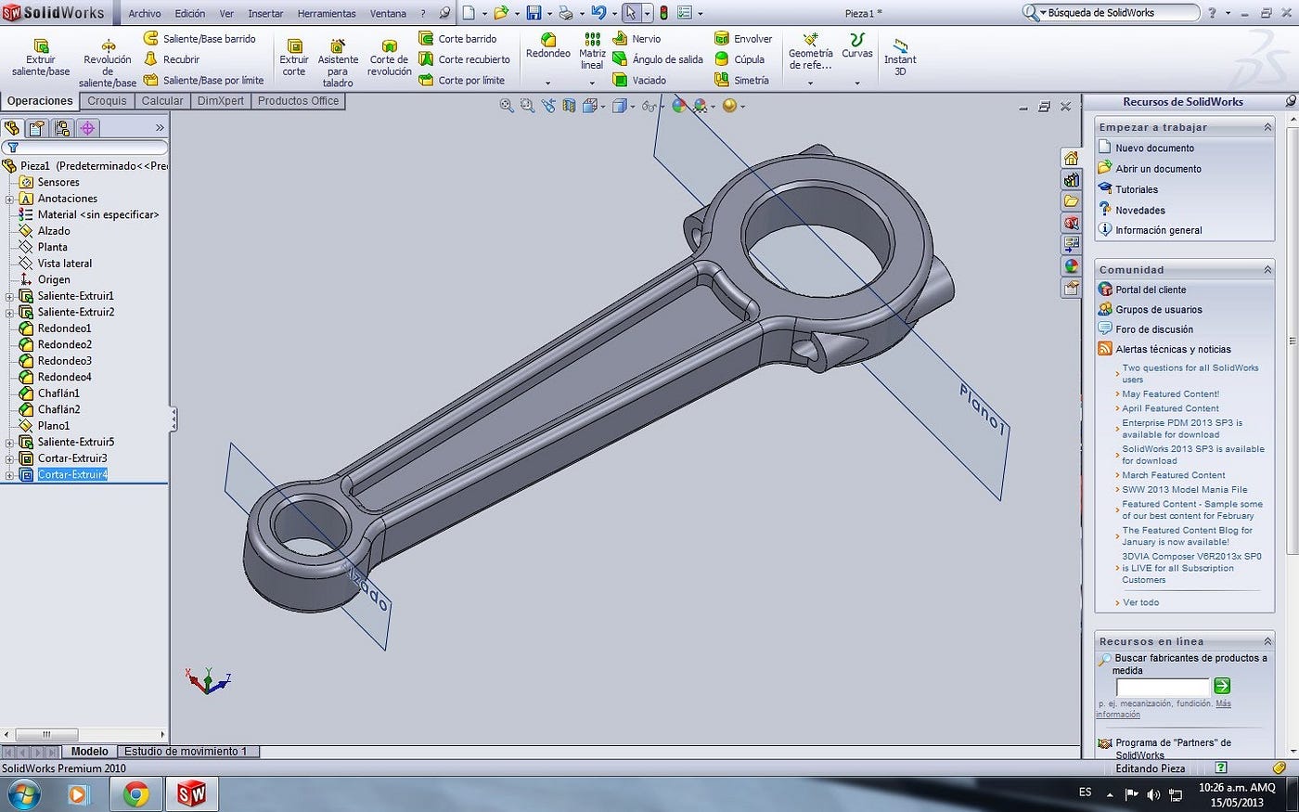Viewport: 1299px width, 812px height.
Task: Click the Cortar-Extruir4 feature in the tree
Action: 72,474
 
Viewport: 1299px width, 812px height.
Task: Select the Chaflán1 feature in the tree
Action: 58,393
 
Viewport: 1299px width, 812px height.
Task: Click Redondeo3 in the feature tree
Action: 64,360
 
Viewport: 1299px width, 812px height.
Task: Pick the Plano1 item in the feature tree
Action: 53,425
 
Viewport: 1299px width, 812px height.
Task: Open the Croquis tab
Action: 107,101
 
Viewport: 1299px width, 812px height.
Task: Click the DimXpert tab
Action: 220,101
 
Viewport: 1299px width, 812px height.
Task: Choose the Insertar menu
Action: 265,14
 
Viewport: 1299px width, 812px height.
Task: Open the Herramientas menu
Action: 326,14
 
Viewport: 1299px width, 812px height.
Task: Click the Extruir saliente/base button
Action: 41,58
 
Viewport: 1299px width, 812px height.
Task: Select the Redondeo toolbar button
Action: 547,46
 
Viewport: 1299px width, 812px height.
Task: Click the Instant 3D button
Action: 899,58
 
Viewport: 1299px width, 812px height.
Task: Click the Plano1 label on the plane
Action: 983,409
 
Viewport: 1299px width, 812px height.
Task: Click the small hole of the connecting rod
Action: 309,527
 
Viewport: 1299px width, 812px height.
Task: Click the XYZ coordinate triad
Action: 207,682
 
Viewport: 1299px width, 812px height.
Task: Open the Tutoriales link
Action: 1136,189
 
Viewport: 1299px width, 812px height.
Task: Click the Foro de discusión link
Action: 1153,329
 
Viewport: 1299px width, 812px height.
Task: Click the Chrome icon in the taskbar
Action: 136,794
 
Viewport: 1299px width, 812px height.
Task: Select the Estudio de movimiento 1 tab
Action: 186,752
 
